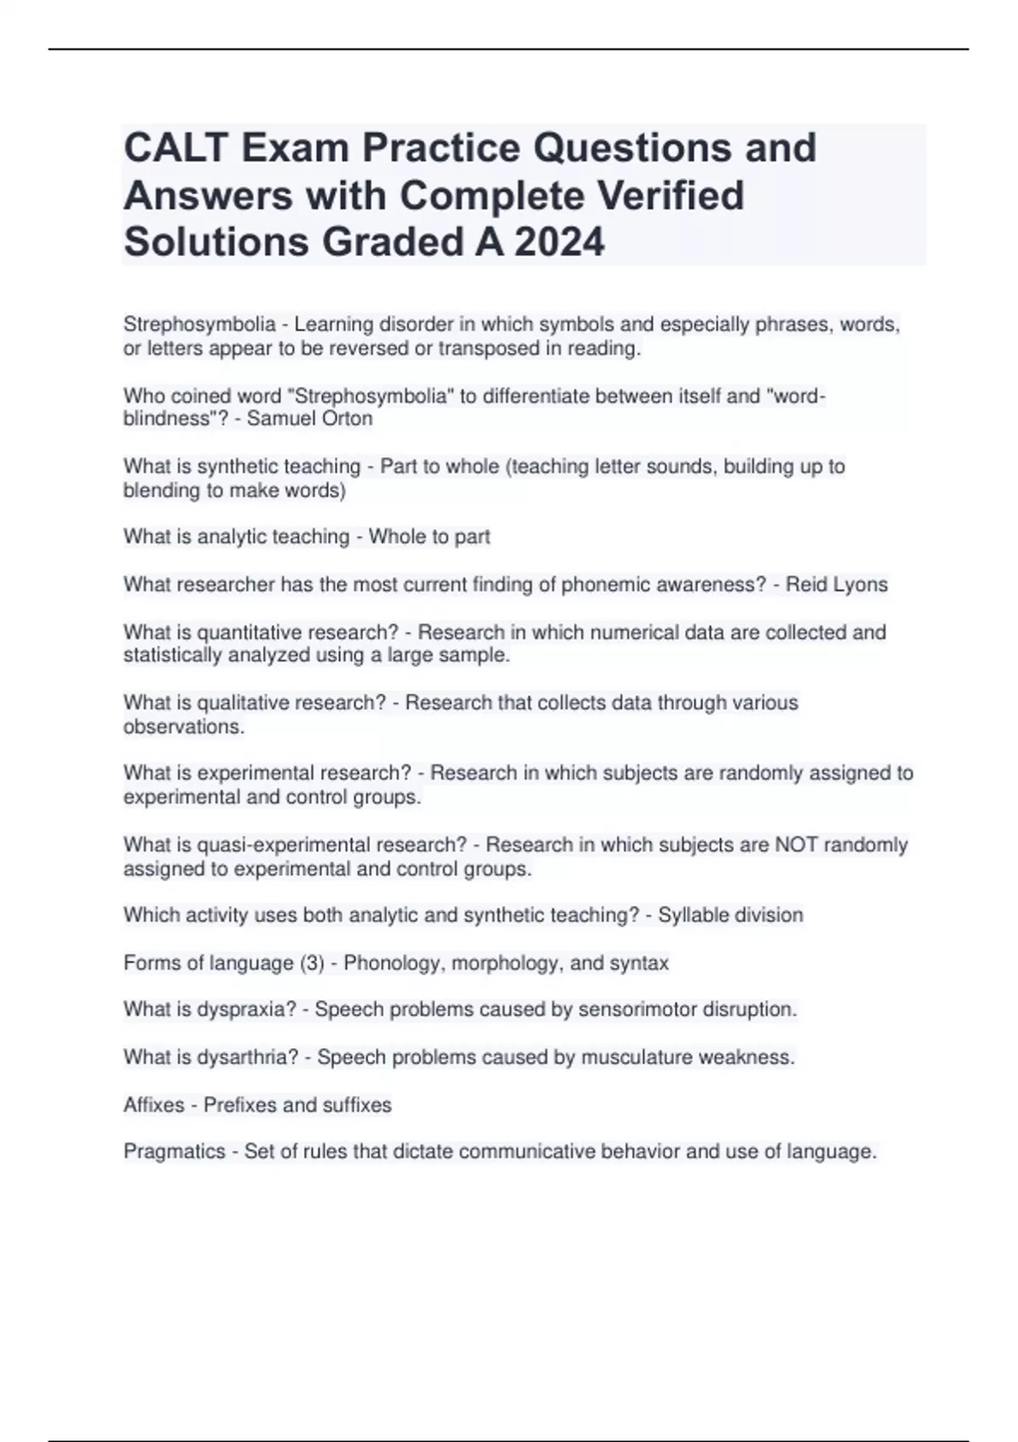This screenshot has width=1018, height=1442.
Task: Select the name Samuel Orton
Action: click(310, 419)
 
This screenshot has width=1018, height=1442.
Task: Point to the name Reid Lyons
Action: click(836, 584)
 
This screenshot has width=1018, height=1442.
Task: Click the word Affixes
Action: click(154, 1105)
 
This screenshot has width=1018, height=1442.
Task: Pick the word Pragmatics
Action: click(175, 1152)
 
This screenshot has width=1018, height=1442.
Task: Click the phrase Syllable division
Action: click(730, 915)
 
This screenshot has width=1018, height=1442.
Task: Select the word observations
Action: click(183, 727)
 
